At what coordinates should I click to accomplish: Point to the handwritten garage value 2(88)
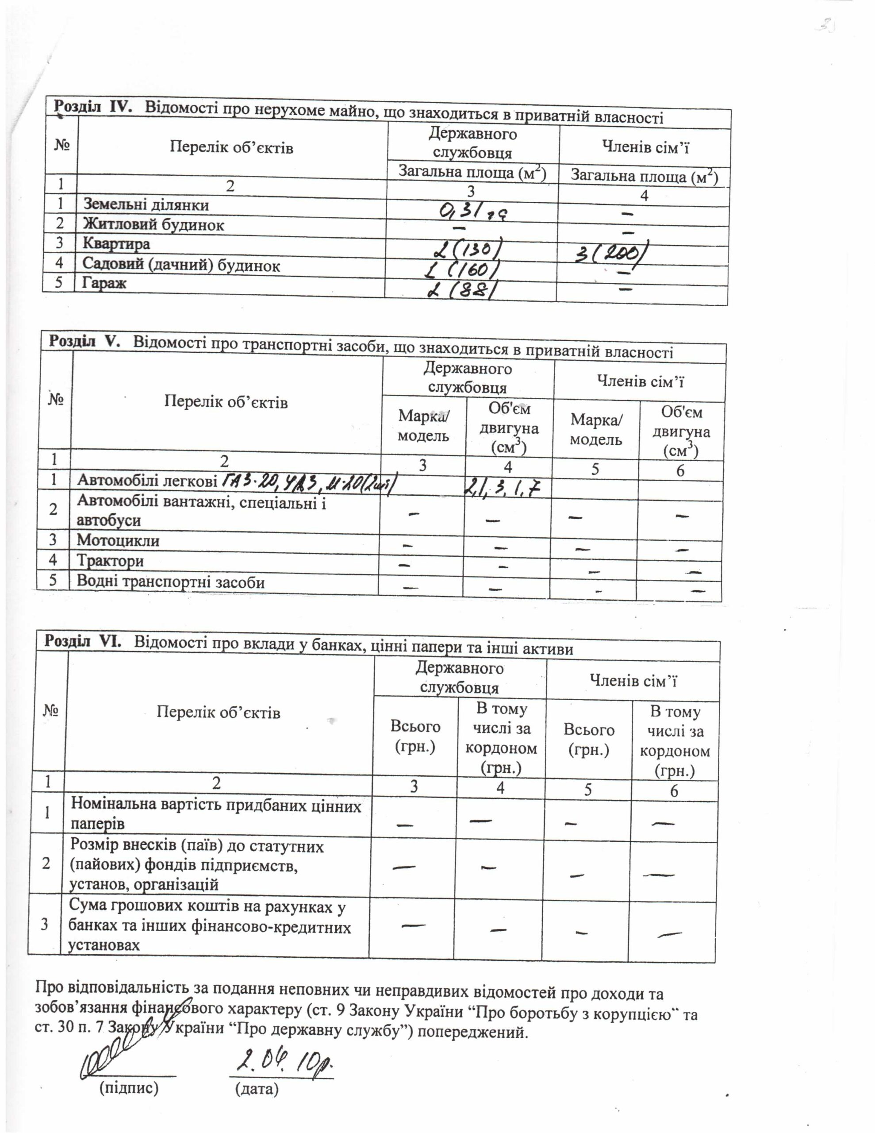pos(459,290)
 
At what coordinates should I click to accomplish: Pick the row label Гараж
pos(104,283)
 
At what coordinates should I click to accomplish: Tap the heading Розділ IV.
pos(93,107)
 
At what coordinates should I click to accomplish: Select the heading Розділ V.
pos(84,341)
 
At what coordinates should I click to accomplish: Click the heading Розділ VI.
pos(82,641)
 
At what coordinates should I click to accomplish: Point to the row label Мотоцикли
pos(118,540)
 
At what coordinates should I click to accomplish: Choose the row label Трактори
pos(111,561)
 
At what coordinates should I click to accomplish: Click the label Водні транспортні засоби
pos(171,582)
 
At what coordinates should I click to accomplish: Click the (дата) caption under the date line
pos(257,1088)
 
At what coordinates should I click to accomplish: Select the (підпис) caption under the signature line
pos(129,1087)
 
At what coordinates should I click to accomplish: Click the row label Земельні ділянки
pos(146,204)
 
